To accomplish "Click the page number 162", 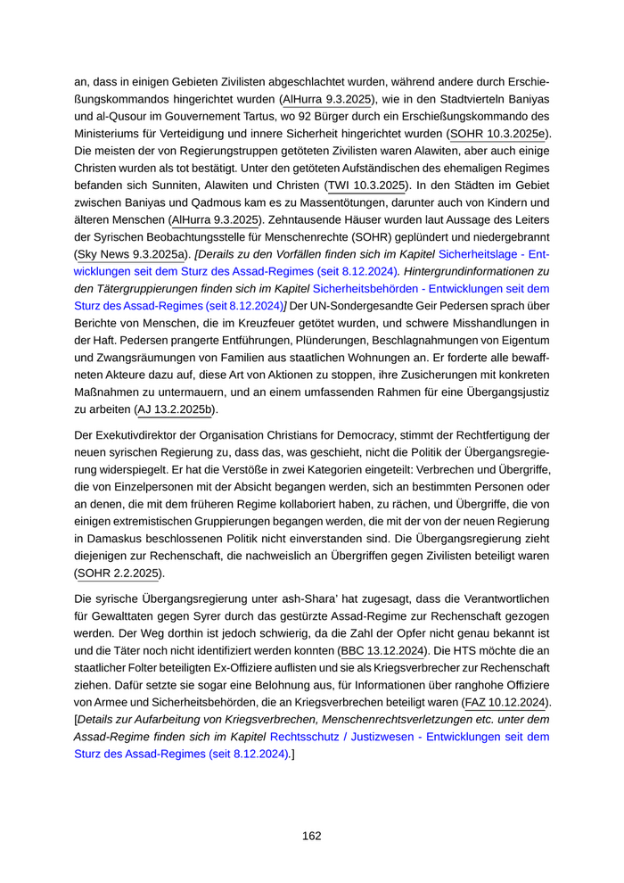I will click(x=311, y=836).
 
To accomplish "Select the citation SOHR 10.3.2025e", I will click(x=499, y=134).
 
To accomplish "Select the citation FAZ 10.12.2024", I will click(x=505, y=702).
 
